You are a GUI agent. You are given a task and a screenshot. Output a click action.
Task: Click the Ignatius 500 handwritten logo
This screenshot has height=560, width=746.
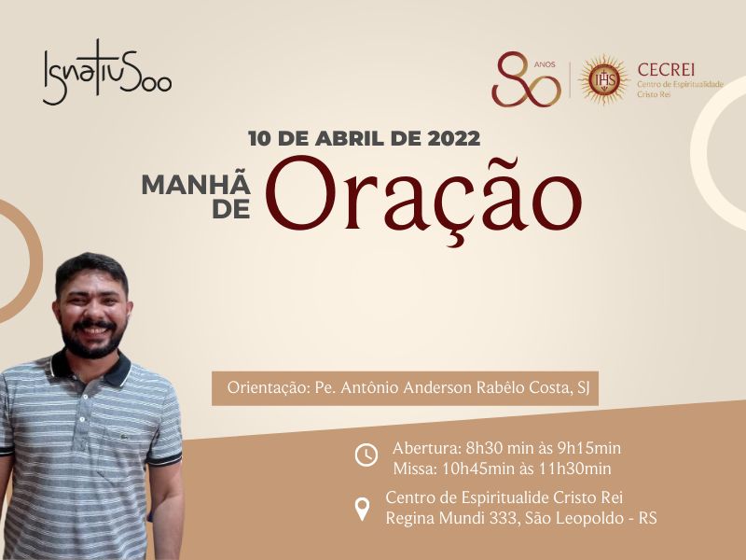(107, 73)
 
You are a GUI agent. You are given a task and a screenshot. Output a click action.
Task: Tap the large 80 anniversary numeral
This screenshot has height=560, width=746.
(526, 79)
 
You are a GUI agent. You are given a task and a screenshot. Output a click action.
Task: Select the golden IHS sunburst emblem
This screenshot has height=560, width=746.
(604, 80)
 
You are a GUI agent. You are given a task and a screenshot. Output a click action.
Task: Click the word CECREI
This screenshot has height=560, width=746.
(666, 70)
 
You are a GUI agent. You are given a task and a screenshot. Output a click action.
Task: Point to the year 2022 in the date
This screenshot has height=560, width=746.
(453, 138)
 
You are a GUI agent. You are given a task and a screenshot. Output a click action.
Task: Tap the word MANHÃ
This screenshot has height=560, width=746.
(196, 184)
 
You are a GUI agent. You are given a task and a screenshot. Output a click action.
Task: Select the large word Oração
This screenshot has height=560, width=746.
(423, 198)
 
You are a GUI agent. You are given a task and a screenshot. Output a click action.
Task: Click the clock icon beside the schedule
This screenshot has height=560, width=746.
(366, 455)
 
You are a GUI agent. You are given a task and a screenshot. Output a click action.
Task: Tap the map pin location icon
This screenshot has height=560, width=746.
(362, 509)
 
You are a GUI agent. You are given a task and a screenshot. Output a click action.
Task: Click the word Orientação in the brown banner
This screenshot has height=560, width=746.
(269, 388)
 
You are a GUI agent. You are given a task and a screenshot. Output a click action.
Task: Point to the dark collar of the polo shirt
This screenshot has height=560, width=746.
(90, 368)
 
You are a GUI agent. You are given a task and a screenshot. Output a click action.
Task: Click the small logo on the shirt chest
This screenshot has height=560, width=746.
(125, 436)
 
